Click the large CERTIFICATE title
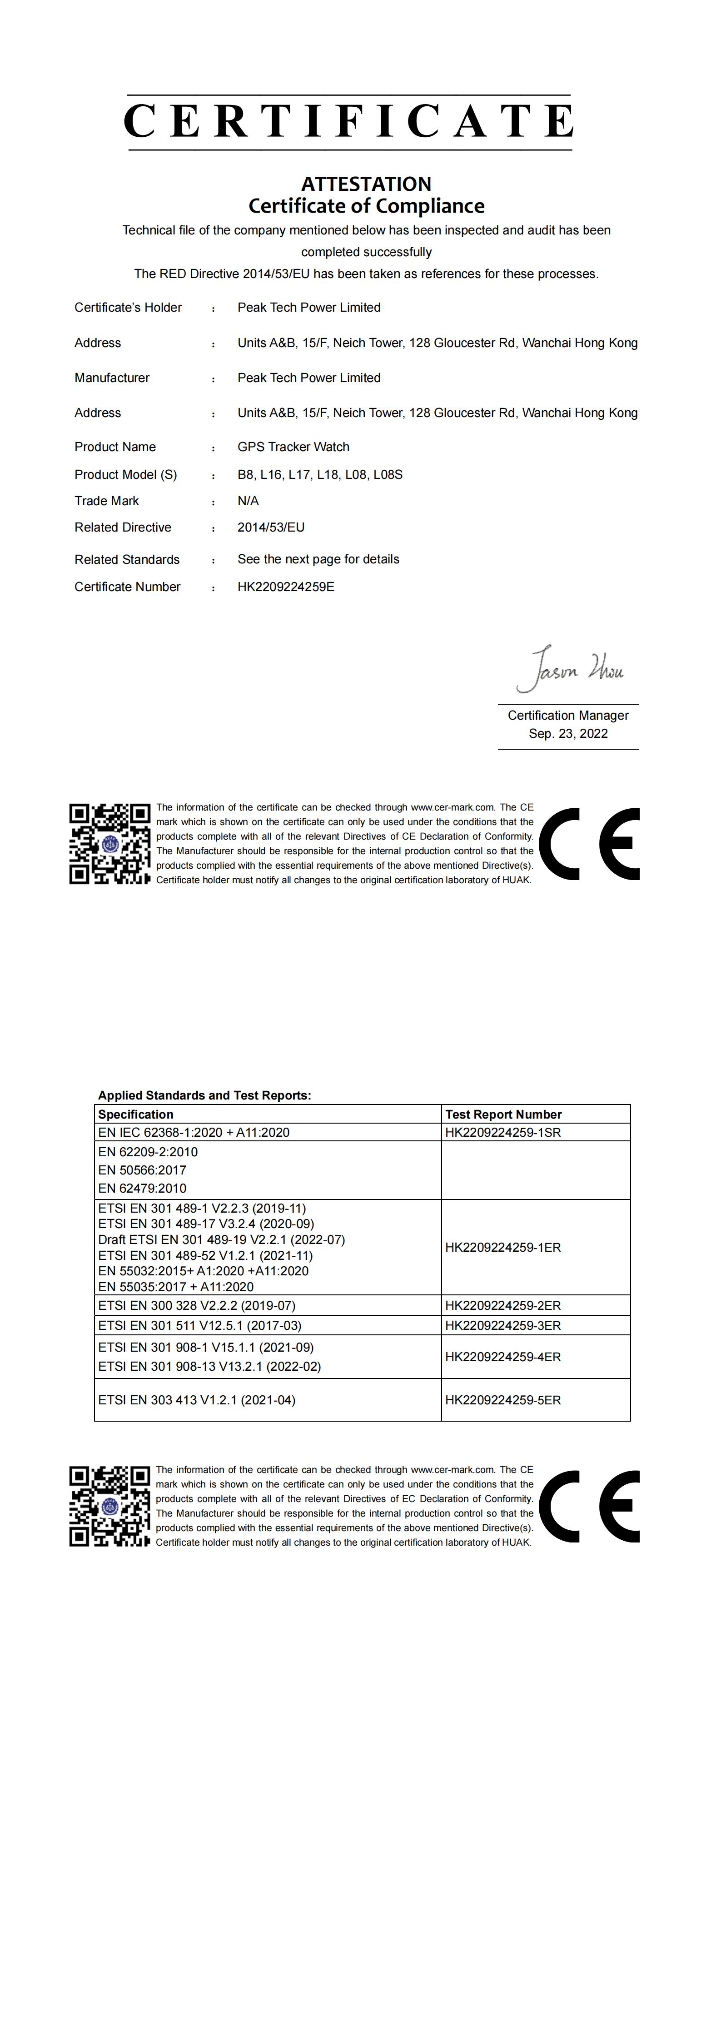coord(348,121)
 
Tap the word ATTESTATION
coord(366,184)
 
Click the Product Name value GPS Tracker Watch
coord(293,447)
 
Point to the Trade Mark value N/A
coord(248,501)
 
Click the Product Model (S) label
coord(125,474)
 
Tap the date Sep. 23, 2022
coord(568,733)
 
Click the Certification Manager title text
coord(568,715)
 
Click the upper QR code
coord(109,844)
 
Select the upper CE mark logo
coord(590,844)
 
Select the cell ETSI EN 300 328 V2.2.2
coord(197,1305)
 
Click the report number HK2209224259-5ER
coord(502,1400)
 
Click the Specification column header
coord(135,1114)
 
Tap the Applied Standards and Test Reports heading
coord(204,1095)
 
